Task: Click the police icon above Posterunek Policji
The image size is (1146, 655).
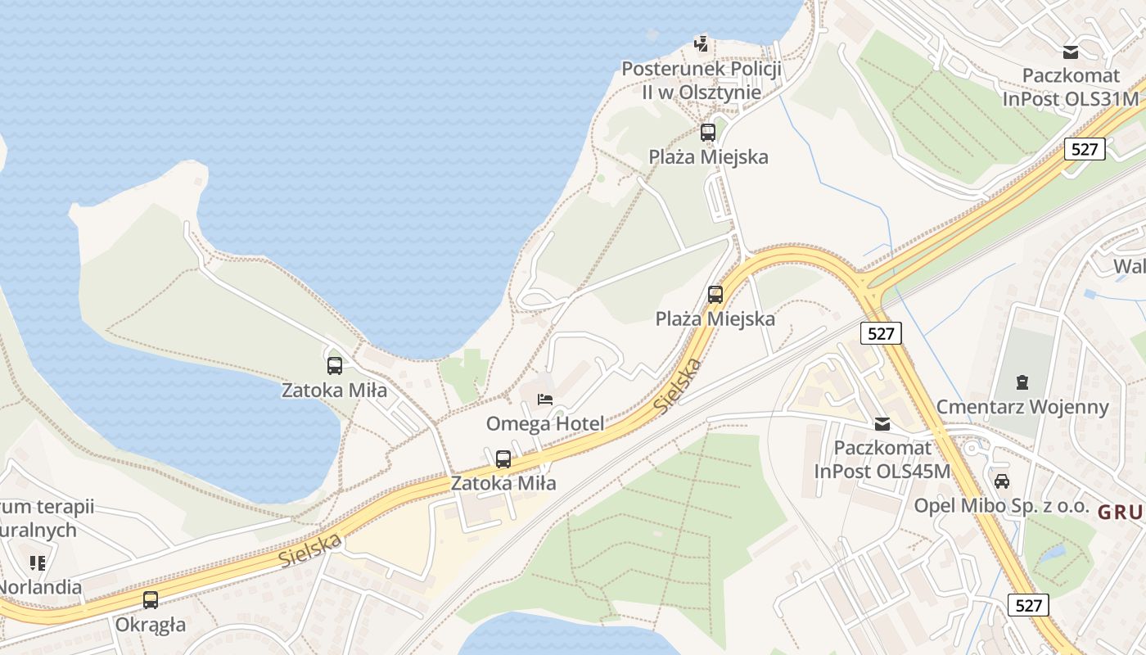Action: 701,43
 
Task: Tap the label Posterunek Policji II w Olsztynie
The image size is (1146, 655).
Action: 702,80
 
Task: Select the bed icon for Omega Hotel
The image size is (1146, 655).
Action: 545,400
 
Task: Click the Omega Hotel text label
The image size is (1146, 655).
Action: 545,423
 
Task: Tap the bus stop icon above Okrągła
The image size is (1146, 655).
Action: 151,600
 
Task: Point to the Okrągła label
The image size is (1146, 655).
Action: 151,625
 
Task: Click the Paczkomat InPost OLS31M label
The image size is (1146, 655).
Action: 1071,87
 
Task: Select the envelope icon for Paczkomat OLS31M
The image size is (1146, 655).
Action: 1071,52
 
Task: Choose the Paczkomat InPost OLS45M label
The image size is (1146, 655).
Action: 882,459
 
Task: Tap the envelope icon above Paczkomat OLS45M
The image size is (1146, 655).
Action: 882,424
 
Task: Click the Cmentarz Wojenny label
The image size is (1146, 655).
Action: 1022,407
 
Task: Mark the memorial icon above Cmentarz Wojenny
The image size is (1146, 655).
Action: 1022,382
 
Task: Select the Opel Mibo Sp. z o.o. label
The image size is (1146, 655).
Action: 1001,505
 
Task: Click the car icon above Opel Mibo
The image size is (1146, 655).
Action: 1002,481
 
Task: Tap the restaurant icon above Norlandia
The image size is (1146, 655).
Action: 38,562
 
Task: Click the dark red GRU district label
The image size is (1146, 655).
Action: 1120,513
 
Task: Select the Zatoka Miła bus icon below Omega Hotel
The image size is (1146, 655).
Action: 503,459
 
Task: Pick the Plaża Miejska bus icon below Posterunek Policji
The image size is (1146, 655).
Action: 708,132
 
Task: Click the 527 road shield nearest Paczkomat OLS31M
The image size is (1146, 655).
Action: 1085,148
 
